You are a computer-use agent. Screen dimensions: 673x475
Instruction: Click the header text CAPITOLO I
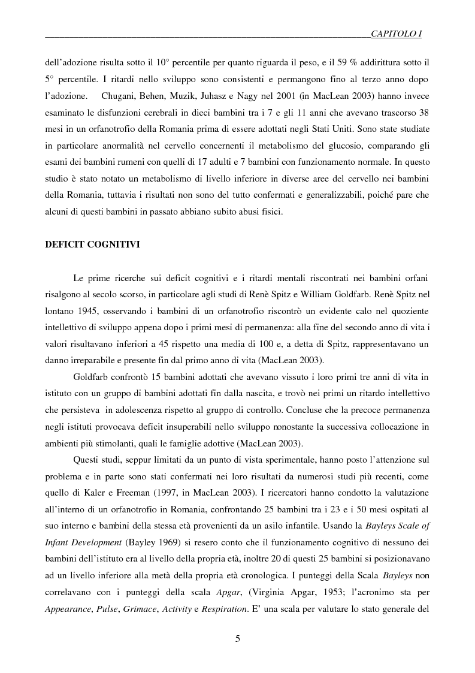click(396, 35)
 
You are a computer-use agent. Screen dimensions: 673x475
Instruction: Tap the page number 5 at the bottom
click(238, 639)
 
